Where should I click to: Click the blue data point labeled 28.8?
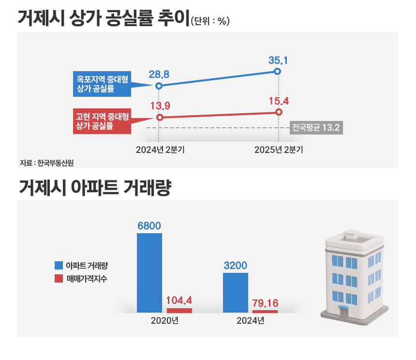click(159, 86)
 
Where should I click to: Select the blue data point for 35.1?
click(277, 72)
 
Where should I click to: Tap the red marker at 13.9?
click(160, 117)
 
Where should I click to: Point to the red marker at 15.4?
click(279, 112)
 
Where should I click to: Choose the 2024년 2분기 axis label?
click(160, 150)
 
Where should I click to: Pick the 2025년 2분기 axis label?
click(279, 150)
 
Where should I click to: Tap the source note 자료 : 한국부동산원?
click(47, 163)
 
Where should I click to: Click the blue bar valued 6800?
click(149, 273)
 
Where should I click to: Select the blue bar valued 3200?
click(236, 293)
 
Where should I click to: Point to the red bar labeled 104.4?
click(179, 310)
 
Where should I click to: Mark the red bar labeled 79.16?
click(265, 311)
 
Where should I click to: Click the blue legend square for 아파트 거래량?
click(59, 265)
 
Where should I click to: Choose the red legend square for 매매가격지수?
click(59, 278)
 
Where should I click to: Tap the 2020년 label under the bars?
click(164, 321)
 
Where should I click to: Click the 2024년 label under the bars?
click(250, 321)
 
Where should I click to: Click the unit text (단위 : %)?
click(209, 21)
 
